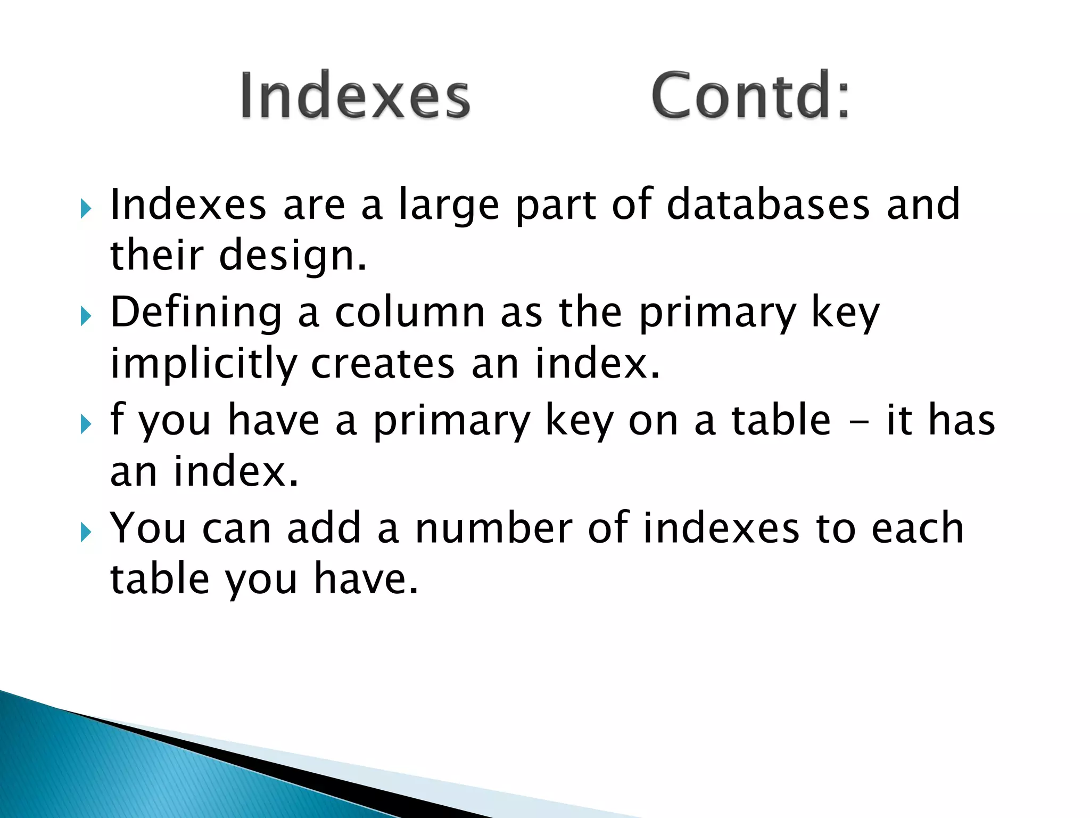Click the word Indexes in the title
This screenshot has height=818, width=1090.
[x=355, y=96]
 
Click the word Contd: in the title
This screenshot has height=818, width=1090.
[x=750, y=96]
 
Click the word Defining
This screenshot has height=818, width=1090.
[x=196, y=313]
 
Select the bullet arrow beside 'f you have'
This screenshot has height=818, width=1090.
[x=86, y=424]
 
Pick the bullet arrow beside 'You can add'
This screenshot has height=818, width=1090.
[x=86, y=532]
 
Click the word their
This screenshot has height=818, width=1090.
[x=157, y=255]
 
